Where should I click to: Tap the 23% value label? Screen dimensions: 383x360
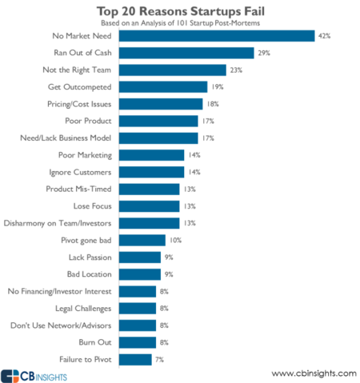[237, 70]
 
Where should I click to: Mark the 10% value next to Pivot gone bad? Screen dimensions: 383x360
[176, 240]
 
